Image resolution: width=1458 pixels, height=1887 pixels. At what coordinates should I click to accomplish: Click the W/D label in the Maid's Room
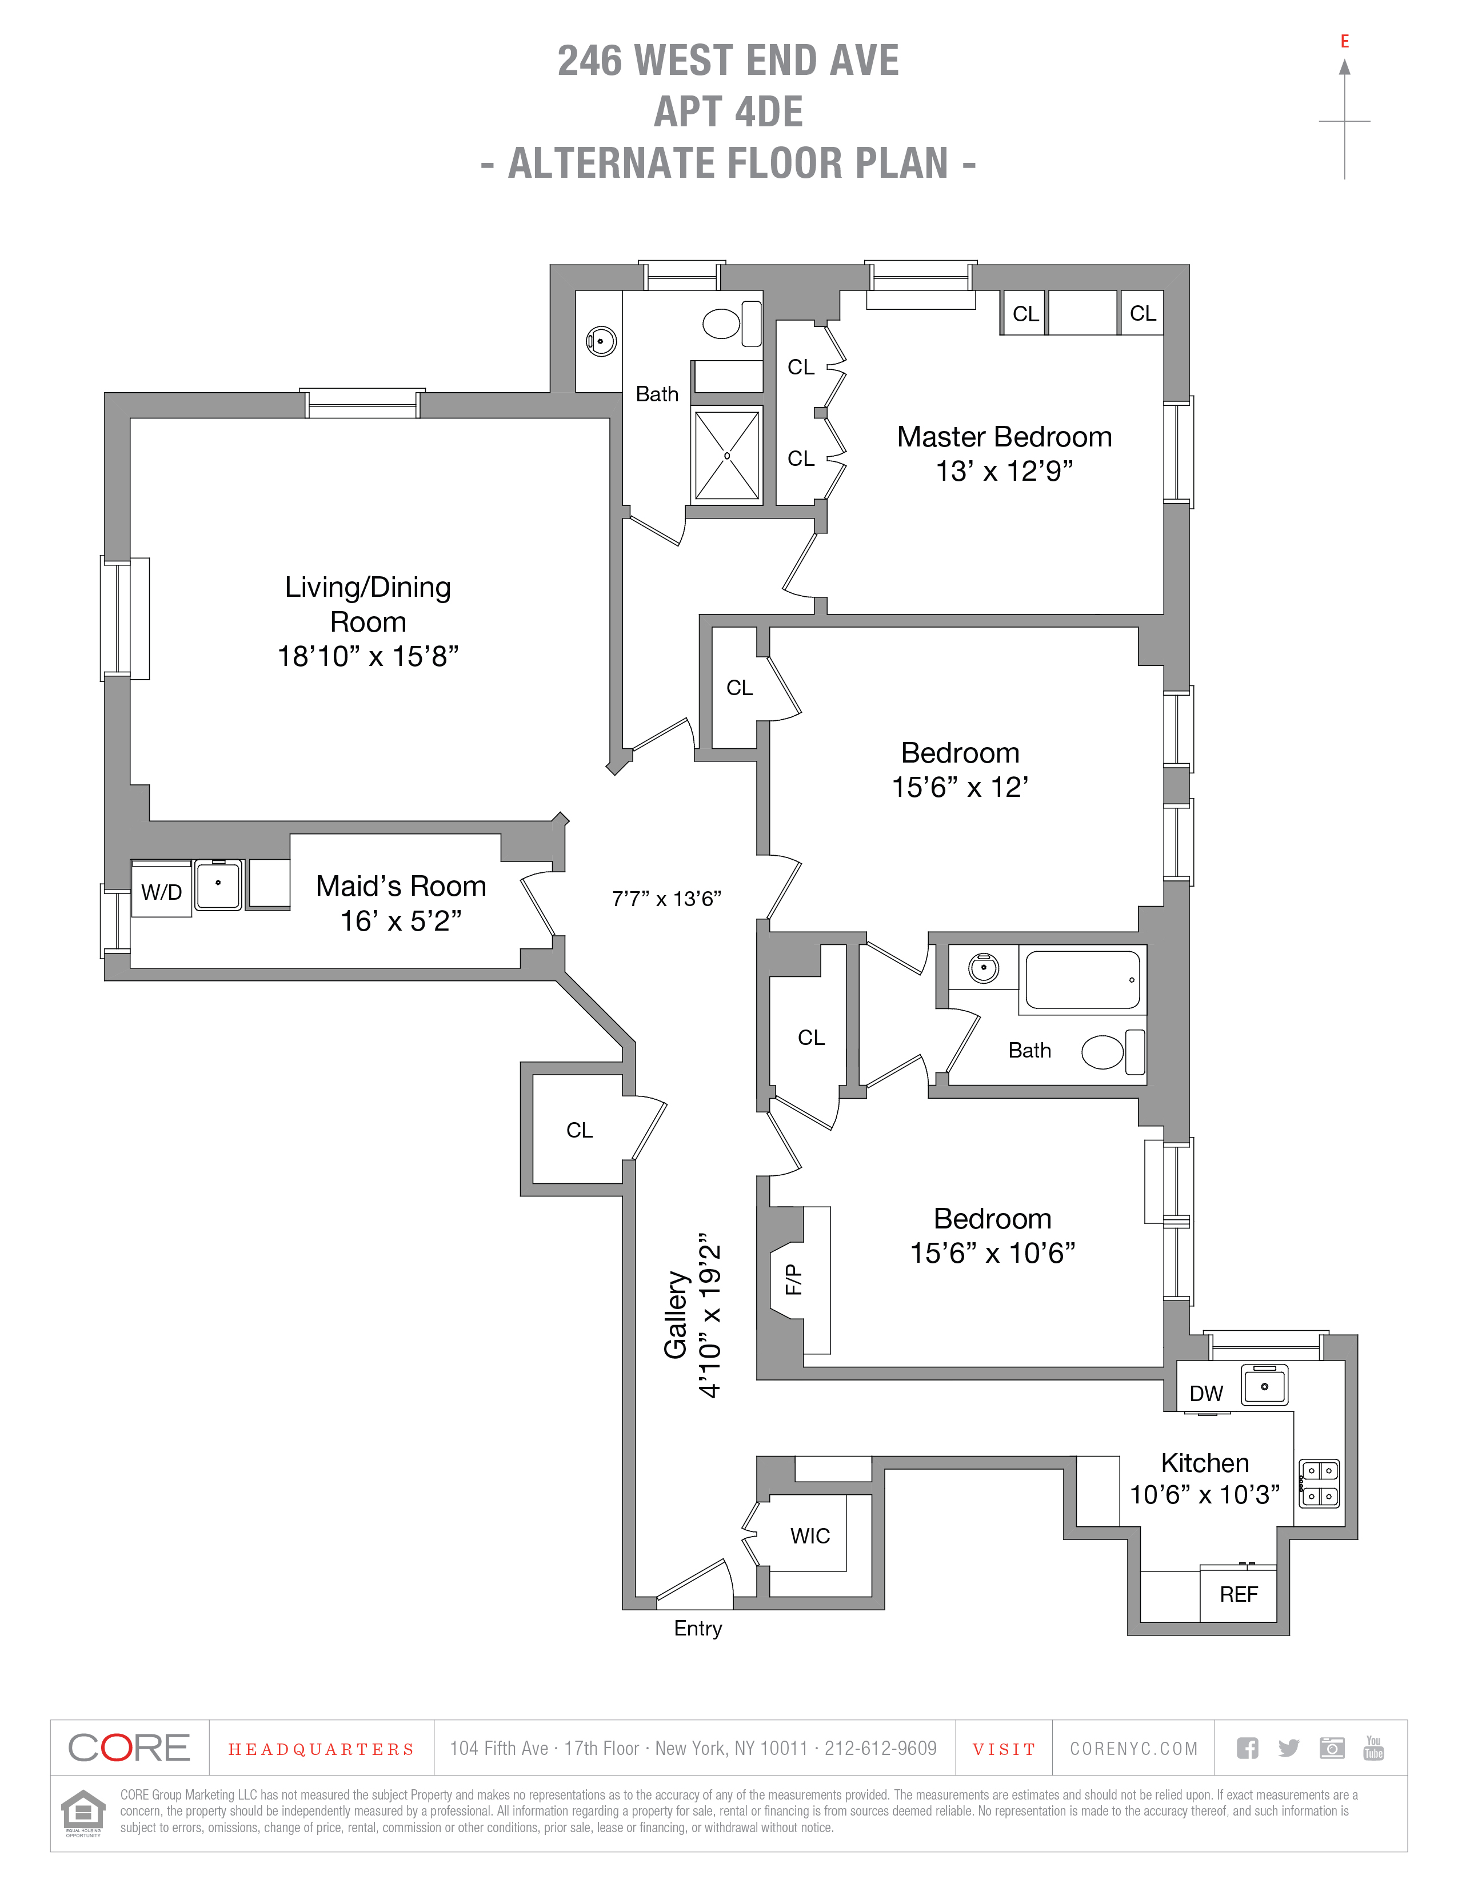tap(162, 892)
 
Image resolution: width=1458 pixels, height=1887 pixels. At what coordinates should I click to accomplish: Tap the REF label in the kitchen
tap(1239, 1594)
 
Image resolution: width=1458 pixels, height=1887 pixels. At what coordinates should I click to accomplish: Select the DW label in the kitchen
tap(1206, 1393)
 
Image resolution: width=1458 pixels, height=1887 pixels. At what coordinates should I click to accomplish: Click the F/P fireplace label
tap(793, 1279)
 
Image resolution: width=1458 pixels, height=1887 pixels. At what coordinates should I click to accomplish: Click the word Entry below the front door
tap(698, 1628)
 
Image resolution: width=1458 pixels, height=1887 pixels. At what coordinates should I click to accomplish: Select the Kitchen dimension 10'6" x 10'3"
tap(1204, 1494)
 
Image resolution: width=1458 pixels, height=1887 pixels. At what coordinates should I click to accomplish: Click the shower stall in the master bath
tap(727, 456)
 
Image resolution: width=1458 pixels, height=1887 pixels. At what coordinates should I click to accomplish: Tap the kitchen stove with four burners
tap(1320, 1483)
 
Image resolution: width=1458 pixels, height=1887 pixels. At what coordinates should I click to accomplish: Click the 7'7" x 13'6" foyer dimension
tap(666, 899)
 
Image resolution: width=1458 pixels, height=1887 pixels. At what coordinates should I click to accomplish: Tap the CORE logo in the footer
tap(129, 1748)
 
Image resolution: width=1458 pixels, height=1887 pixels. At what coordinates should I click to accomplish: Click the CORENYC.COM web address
tap(1133, 1749)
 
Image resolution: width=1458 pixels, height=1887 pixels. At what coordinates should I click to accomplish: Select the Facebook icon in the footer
tap(1247, 1748)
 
